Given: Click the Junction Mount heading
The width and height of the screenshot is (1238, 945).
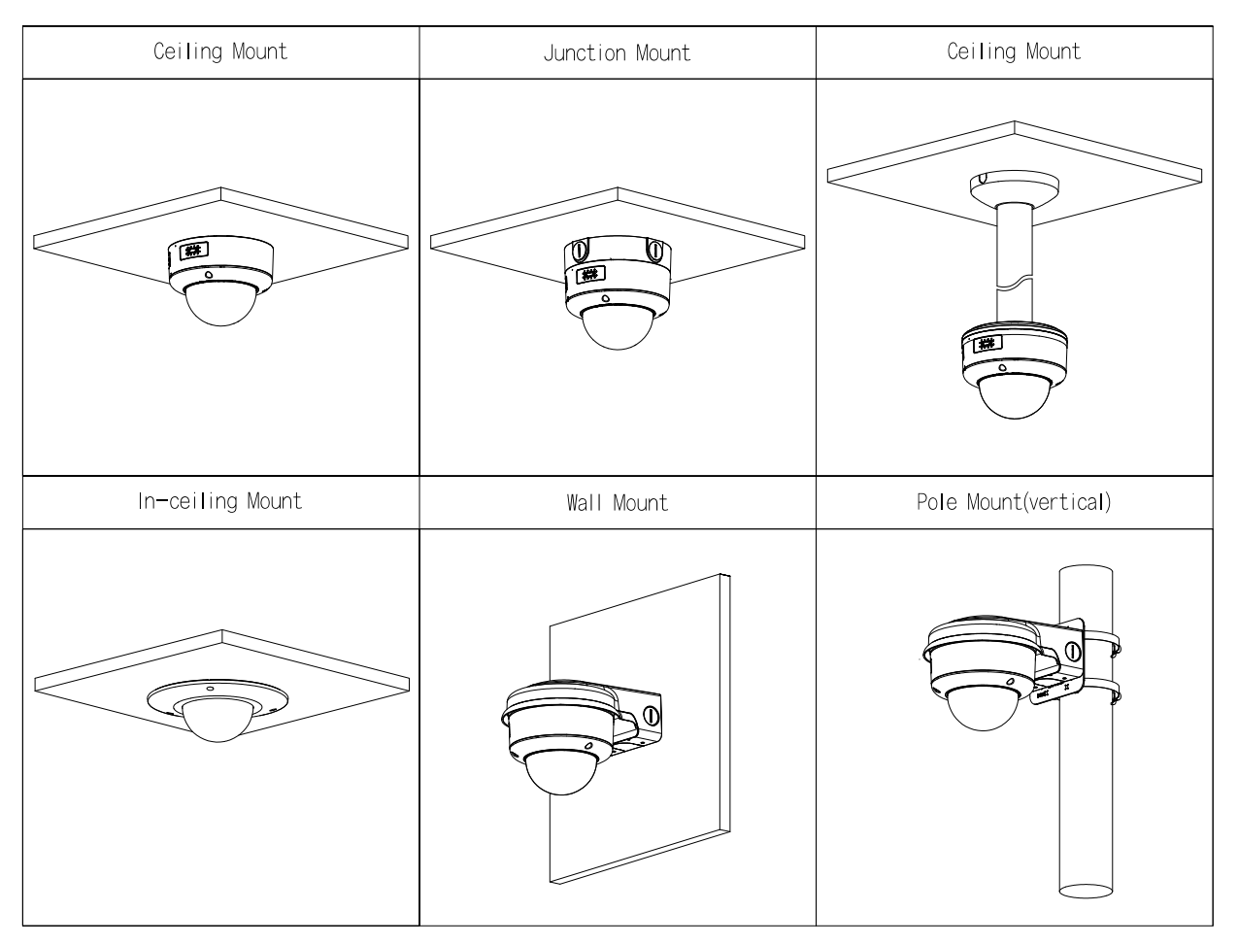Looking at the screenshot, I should pos(617,52).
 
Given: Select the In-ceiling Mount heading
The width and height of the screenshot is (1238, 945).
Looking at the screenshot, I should pos(219,501).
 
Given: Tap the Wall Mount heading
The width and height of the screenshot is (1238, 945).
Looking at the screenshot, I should pos(617,503).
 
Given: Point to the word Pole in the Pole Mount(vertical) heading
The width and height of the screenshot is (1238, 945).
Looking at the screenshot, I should pos(939,502).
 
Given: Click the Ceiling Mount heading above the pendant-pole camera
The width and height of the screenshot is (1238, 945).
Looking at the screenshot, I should pos(1014,51).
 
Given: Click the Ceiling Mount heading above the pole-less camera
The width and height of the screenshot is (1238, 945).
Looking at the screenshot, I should pos(220,51).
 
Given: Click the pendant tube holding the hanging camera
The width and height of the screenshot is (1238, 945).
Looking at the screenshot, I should pos(1012,262).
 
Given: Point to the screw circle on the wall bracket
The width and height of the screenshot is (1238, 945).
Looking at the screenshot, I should pos(652,716).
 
